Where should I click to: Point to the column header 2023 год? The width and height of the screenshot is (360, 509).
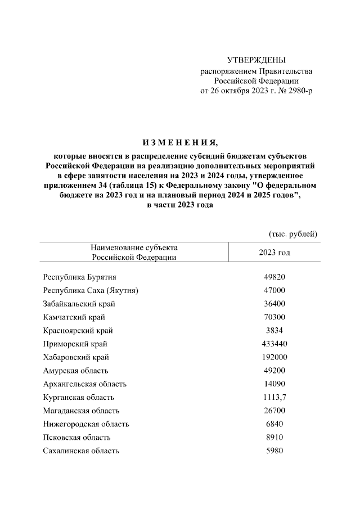click(x=274, y=253)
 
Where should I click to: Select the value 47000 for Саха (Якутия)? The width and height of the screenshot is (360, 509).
click(x=274, y=291)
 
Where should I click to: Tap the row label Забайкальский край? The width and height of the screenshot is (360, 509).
click(x=79, y=304)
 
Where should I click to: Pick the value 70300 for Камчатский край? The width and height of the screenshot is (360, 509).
click(x=274, y=317)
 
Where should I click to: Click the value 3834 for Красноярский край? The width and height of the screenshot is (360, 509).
click(x=274, y=331)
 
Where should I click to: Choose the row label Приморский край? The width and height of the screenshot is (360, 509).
click(x=75, y=344)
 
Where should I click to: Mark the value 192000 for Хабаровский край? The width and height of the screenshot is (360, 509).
click(x=274, y=357)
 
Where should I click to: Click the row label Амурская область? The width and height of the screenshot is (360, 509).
click(x=75, y=371)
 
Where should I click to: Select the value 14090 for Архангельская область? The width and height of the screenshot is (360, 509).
click(x=274, y=384)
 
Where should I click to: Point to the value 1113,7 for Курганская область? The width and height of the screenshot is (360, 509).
click(x=274, y=397)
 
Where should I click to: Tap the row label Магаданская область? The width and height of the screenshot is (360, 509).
click(x=81, y=411)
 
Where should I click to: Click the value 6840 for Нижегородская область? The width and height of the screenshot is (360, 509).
click(x=274, y=424)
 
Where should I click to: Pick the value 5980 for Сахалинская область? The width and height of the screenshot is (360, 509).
click(x=274, y=451)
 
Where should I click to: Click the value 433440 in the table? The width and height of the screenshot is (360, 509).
click(x=274, y=344)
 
